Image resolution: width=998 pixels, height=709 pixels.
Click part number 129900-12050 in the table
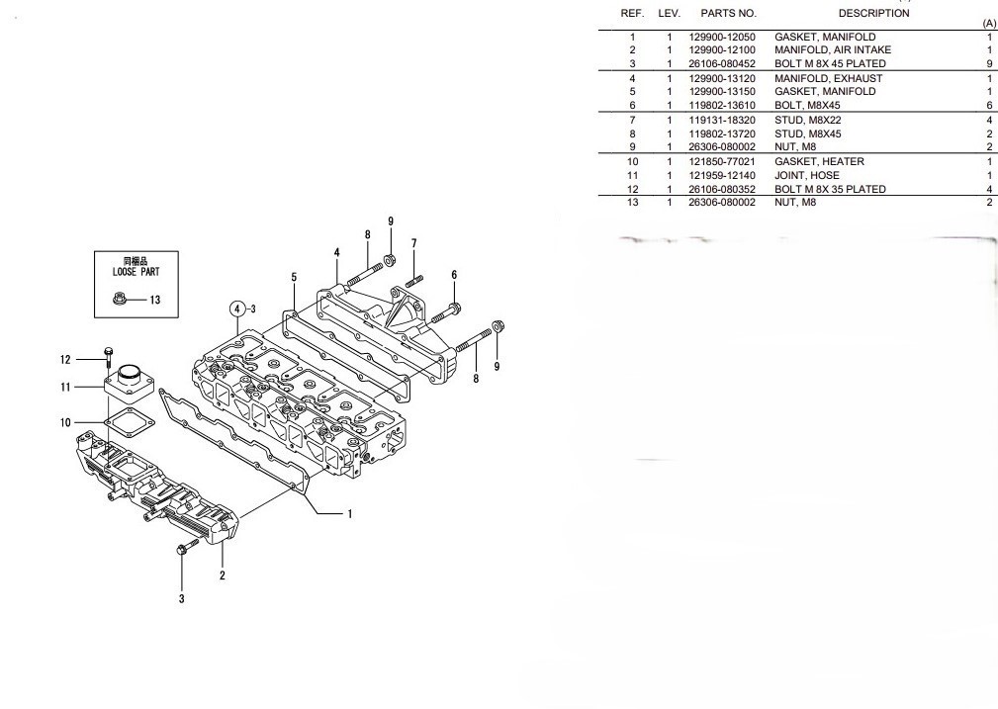click(x=722, y=38)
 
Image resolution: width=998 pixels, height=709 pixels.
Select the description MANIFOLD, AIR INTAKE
click(x=832, y=49)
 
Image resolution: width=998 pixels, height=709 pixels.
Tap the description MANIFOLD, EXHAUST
click(x=828, y=78)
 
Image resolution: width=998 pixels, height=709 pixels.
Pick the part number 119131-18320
click(x=722, y=120)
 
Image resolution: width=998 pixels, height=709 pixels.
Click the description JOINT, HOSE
click(x=806, y=175)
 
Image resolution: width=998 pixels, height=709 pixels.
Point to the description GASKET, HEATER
click(x=819, y=161)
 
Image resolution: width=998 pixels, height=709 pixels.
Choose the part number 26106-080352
click(x=722, y=189)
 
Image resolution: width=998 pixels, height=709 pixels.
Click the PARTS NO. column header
click(x=728, y=14)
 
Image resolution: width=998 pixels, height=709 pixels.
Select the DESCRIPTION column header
click(x=873, y=14)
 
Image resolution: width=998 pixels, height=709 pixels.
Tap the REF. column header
click(x=632, y=14)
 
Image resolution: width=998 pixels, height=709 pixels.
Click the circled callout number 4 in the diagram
click(x=237, y=309)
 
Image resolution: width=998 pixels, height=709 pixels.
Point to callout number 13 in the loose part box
click(x=154, y=300)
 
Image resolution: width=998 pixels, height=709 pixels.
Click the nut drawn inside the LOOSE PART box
click(x=120, y=299)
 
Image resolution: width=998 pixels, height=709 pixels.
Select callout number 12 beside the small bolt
click(x=65, y=359)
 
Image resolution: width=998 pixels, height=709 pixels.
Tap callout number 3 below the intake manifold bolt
click(x=181, y=598)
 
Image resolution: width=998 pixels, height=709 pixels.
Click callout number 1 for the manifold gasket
click(x=349, y=513)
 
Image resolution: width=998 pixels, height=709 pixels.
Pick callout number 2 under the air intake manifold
click(x=222, y=575)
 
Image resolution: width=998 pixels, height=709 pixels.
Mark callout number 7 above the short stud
click(x=413, y=243)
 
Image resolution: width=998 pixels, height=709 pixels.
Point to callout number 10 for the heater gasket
click(x=65, y=422)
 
